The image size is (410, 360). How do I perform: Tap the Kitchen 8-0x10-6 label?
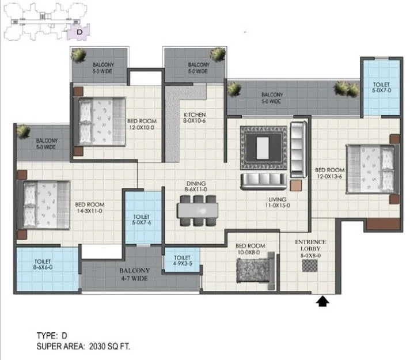(x=195, y=118)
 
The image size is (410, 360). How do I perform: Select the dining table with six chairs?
(x=198, y=207)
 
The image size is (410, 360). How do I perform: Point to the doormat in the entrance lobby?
(x=309, y=265)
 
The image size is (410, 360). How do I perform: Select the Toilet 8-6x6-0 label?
(x=43, y=265)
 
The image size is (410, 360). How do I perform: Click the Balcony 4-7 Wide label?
(x=135, y=274)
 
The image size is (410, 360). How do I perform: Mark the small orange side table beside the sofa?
(x=295, y=185)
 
